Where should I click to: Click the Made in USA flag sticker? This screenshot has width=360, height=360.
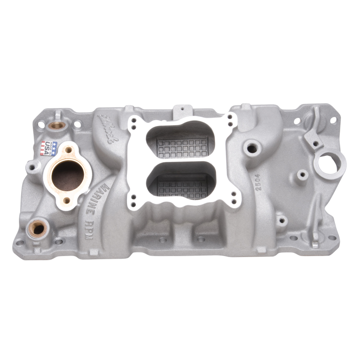49,148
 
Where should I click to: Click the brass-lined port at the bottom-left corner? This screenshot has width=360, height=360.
38,229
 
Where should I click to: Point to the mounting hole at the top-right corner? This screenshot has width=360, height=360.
333,119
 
